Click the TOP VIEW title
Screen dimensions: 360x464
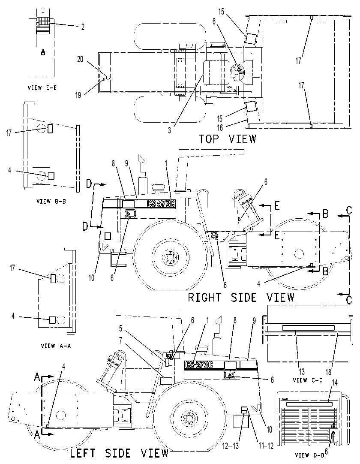pyautogui.click(x=227, y=139)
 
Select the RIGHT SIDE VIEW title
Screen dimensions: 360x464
pyautogui.click(x=241, y=298)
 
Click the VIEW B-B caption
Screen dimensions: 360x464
pyautogui.click(x=51, y=201)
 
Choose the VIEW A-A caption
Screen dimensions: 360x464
pyautogui.click(x=56, y=345)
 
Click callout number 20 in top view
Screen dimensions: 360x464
pyautogui.click(x=80, y=59)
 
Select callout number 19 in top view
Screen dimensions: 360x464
pyautogui.click(x=78, y=95)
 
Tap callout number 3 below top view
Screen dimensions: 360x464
pyautogui.click(x=169, y=130)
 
